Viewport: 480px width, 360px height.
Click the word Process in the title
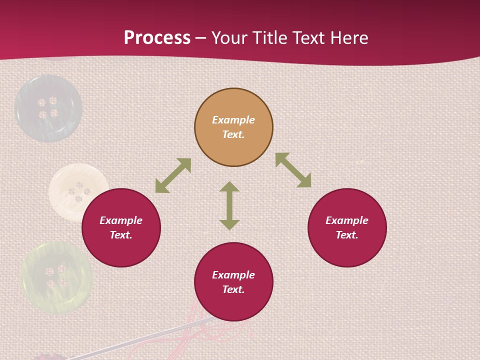(x=157, y=38)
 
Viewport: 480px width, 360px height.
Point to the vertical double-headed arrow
(x=229, y=205)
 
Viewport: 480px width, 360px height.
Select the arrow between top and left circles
(x=173, y=175)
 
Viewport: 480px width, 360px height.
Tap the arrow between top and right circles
(x=293, y=170)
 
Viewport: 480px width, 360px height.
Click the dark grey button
(x=48, y=108)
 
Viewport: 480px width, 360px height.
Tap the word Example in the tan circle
(x=233, y=120)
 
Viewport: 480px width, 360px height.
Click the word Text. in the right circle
(x=347, y=235)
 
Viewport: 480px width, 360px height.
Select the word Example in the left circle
(x=121, y=220)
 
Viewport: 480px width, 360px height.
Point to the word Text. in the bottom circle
(x=233, y=289)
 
